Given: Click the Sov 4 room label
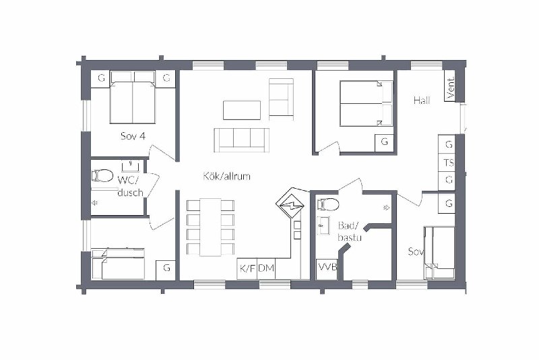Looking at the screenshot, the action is (x=133, y=136).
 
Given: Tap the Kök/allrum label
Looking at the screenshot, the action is (x=226, y=177).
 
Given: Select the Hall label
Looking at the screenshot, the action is (x=422, y=100).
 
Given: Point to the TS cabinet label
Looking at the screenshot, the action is (x=449, y=162).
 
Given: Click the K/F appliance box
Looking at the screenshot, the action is (x=247, y=268).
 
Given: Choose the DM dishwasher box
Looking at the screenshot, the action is (x=266, y=268).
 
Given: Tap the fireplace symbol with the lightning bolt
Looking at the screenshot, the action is (x=290, y=205).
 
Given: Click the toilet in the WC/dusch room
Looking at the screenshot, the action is (x=102, y=176).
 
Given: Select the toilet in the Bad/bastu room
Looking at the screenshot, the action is (x=328, y=204).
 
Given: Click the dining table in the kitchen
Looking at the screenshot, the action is (x=210, y=227).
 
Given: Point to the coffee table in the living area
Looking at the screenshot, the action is (x=242, y=110).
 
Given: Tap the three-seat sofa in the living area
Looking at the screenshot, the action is (x=241, y=140).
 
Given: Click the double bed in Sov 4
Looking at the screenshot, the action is (x=133, y=98).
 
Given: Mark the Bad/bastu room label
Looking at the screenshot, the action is (x=350, y=231).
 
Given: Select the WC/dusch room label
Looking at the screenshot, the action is (x=130, y=186).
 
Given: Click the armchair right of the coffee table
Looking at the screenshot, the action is (x=281, y=99).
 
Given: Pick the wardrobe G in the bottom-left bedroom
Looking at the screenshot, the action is (x=166, y=270).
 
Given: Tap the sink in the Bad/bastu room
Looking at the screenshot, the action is (x=323, y=226).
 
